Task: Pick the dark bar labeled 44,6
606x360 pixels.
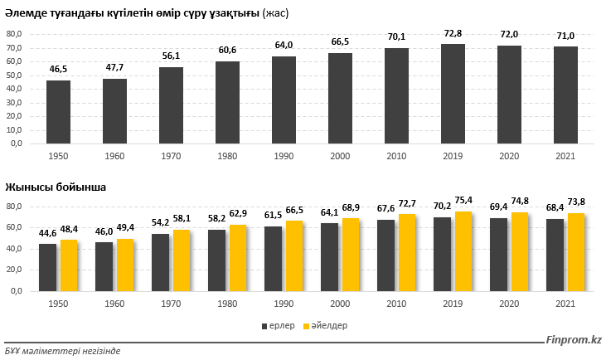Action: tap(48, 267)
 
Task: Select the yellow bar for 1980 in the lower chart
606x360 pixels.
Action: tap(240, 257)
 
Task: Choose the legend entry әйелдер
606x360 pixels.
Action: tap(327, 326)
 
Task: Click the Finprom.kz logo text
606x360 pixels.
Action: tap(573, 340)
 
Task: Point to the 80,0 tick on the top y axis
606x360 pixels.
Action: tap(16, 34)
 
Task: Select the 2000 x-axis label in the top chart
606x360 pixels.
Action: tap(340, 155)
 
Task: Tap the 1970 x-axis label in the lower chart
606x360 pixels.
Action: tap(171, 304)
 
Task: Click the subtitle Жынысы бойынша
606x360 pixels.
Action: tap(56, 187)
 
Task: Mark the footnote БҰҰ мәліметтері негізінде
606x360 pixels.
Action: tap(62, 351)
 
